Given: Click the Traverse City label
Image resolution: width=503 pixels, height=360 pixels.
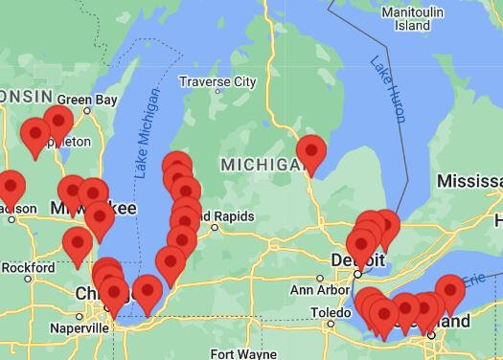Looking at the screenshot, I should tap(217, 83).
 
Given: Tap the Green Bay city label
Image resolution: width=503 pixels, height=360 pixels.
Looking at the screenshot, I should tap(87, 100).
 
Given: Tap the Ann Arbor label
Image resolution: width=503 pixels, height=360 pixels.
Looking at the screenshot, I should tap(314, 290).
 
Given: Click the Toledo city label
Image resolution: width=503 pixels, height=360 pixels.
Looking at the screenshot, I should tap(330, 312).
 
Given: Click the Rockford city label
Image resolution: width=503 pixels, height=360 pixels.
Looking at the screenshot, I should tap(28, 268).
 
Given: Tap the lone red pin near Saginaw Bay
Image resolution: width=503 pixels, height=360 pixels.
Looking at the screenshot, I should tap(311, 153).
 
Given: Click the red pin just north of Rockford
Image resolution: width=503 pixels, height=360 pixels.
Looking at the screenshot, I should tap(78, 245).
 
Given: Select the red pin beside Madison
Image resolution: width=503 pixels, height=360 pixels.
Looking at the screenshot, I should tap(11, 188).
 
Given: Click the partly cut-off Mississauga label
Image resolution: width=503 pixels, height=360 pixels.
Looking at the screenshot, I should tap(469, 181).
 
